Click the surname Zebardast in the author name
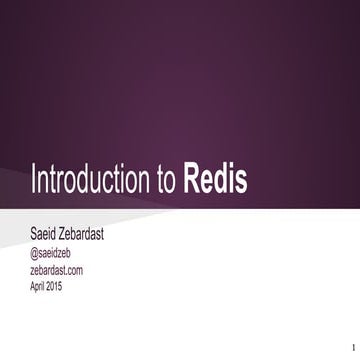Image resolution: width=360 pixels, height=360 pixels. pyautogui.click(x=100, y=235)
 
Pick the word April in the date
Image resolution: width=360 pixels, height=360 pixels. pyautogui.click(x=41, y=286)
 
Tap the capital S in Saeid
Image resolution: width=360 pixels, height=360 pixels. pyautogui.click(x=35, y=235)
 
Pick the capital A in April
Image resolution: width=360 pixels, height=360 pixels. pyautogui.click(x=34, y=286)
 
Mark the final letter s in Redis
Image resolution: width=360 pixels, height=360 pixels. pyautogui.click(x=241, y=183)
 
